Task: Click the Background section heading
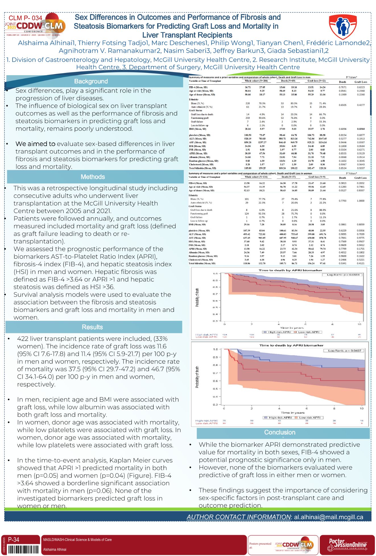click(91, 81)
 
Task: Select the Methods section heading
click(93, 177)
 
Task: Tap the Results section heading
click(92, 327)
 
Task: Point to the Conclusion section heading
click(280, 432)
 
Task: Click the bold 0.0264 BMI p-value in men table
click(360, 129)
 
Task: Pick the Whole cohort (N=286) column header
click(256, 81)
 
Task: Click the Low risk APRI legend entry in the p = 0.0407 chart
click(309, 418)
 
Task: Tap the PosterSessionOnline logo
click(347, 545)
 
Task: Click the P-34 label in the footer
click(13, 539)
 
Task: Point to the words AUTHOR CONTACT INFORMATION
click(239, 517)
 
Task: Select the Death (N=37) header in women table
click(288, 177)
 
